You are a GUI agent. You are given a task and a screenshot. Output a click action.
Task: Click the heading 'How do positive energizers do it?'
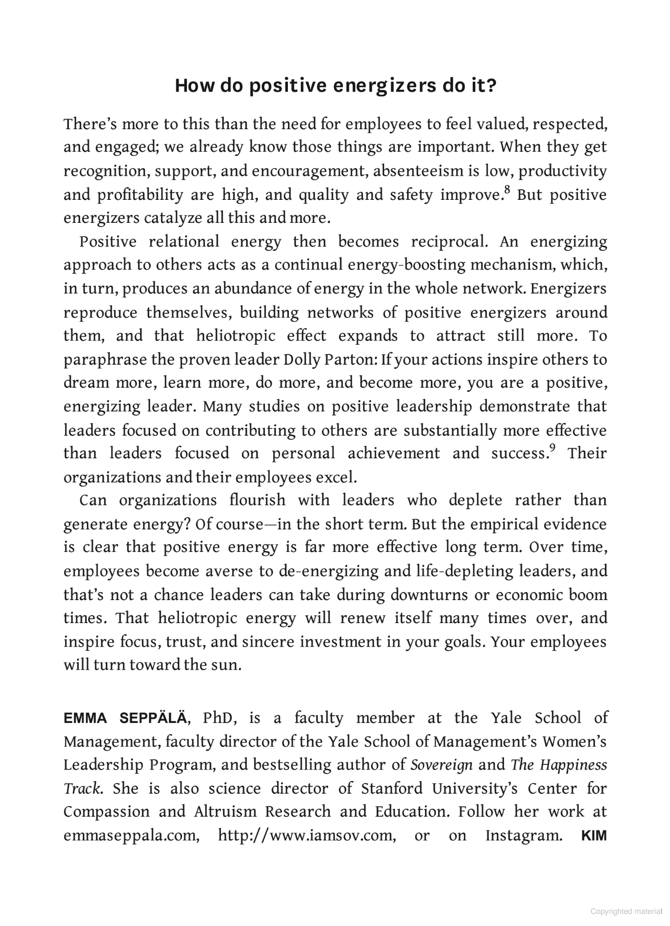click(x=335, y=85)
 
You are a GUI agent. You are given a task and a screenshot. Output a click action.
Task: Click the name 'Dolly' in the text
click(x=303, y=360)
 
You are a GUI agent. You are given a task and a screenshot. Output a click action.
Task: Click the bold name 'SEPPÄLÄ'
click(x=152, y=718)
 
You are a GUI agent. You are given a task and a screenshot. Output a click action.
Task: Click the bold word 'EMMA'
click(x=85, y=718)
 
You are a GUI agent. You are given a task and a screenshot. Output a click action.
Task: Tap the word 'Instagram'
click(x=523, y=835)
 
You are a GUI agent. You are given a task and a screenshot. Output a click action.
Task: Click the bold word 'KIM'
click(x=594, y=835)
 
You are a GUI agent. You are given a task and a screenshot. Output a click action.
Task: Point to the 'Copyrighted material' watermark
click(x=626, y=911)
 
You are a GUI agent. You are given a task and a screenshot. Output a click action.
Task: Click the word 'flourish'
click(x=258, y=501)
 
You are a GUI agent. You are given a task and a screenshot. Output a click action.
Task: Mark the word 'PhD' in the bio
click(x=219, y=718)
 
